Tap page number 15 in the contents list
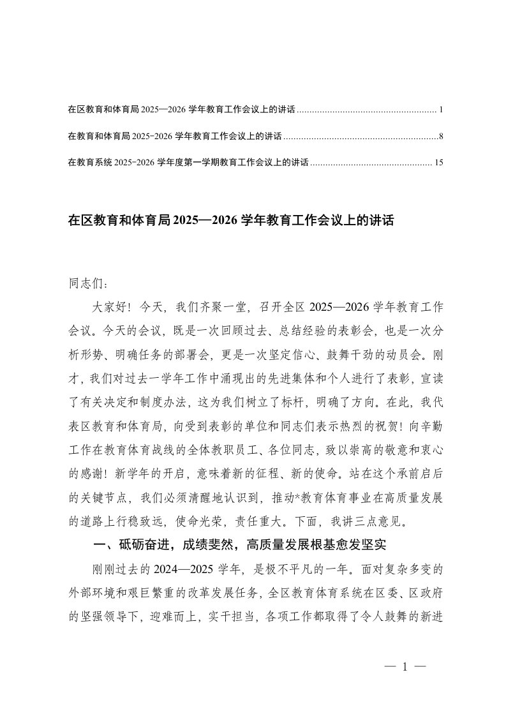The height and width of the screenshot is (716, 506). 438,163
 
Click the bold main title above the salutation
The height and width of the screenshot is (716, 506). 231,221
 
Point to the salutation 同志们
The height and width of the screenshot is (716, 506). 83,282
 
